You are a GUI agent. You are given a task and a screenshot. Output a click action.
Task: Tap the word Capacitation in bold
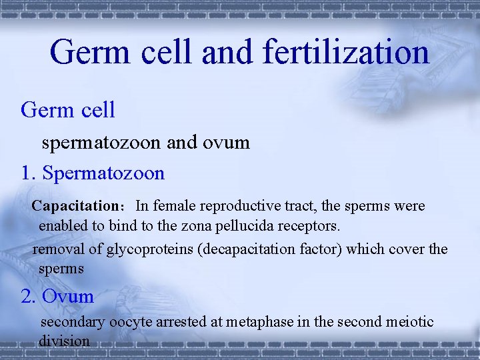tap(75, 206)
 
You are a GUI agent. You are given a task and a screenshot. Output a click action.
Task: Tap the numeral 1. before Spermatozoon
tap(29, 173)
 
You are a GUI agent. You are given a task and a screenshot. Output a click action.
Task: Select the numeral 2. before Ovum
tap(29, 296)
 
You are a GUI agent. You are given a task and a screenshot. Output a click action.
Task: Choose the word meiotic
tap(410, 323)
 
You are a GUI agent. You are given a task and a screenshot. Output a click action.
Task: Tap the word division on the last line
tap(63, 341)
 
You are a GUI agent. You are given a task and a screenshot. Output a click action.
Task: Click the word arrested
tap(182, 323)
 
